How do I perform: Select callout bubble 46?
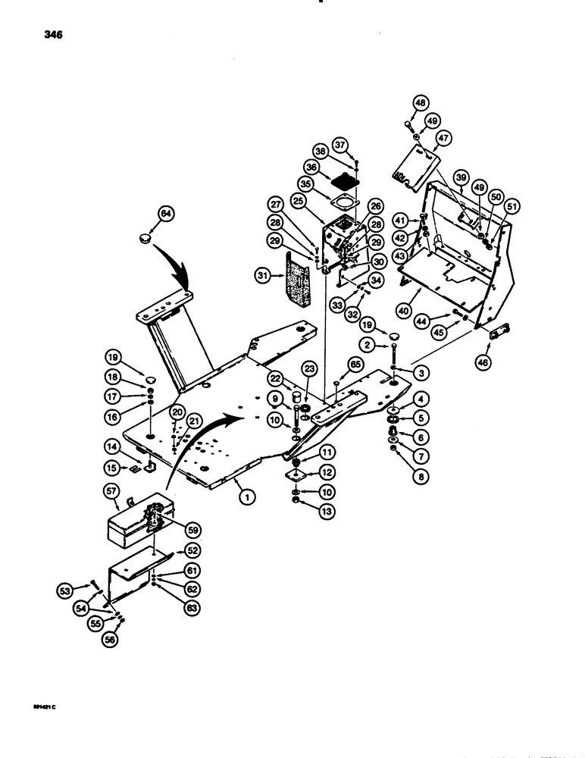(x=483, y=362)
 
